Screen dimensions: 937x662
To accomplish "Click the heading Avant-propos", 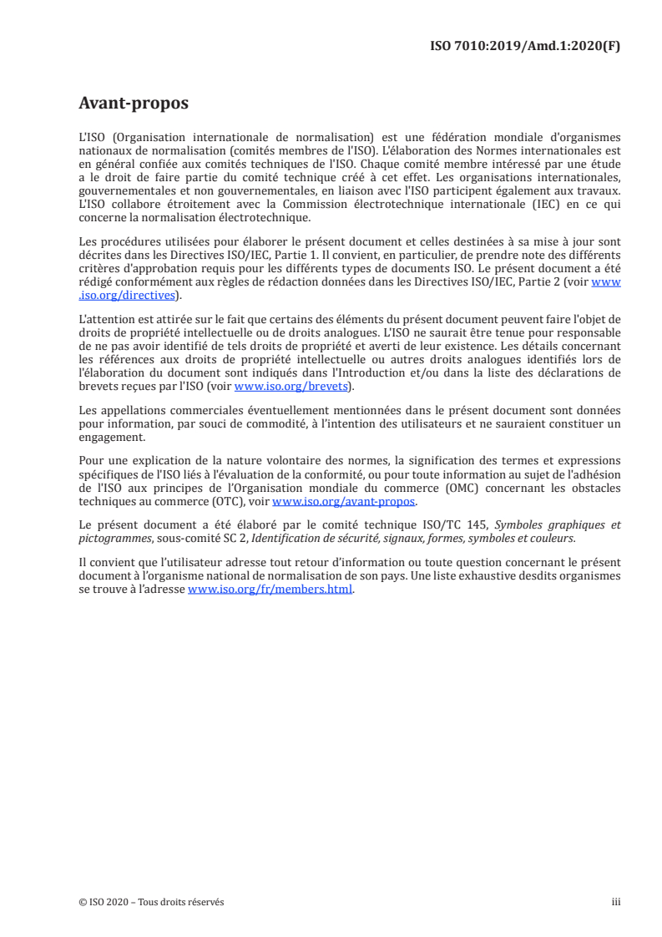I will [x=134, y=104].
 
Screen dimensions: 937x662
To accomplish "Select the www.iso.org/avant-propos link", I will [x=344, y=501].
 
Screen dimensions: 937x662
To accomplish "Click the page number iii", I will [x=616, y=902].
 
